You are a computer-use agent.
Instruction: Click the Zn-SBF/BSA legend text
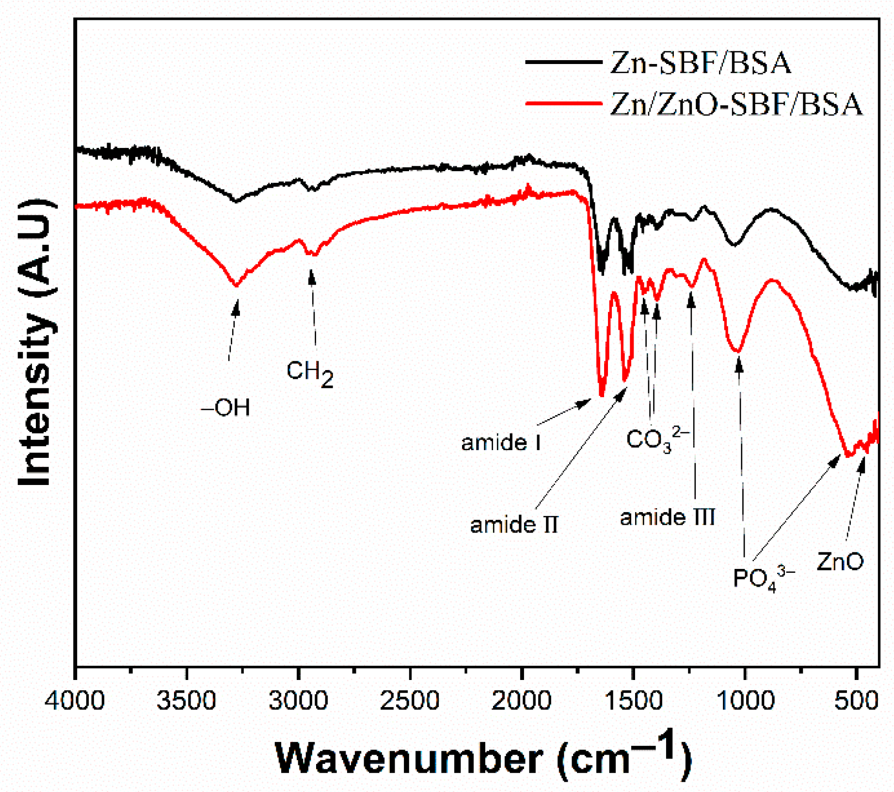click(x=700, y=63)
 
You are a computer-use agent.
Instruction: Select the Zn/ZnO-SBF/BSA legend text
click(x=736, y=104)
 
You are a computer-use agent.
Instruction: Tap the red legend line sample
click(x=563, y=103)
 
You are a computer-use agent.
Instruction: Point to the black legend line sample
click(x=563, y=62)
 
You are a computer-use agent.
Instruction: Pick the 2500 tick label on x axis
click(x=410, y=701)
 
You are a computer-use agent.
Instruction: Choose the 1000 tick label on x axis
click(x=745, y=701)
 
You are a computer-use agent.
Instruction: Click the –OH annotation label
click(x=225, y=408)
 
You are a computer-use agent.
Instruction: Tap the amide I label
click(x=501, y=442)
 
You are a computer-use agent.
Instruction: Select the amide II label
click(x=514, y=525)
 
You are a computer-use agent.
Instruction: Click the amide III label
click(x=668, y=517)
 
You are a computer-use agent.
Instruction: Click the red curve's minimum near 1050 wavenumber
click(x=736, y=350)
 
